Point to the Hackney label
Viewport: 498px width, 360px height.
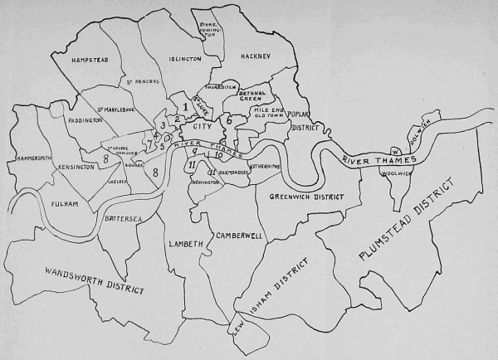click(x=255, y=56)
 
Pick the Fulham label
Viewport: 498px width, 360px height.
click(x=62, y=204)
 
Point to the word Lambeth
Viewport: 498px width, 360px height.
click(x=185, y=246)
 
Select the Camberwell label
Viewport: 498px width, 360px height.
click(x=239, y=236)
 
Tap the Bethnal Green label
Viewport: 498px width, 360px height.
click(x=251, y=97)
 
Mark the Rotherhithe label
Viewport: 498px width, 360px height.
click(x=264, y=166)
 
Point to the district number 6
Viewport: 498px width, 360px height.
click(x=228, y=121)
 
